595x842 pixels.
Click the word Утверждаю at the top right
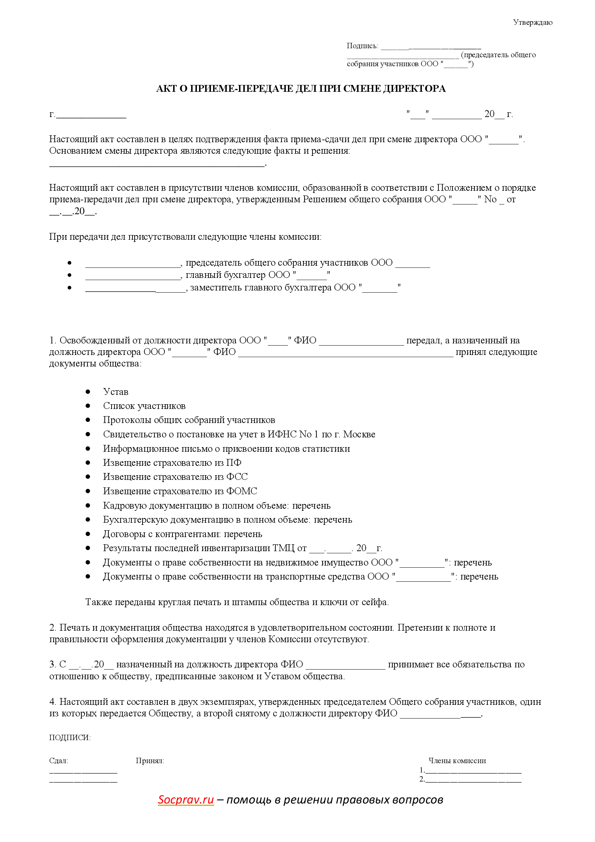pyautogui.click(x=532, y=23)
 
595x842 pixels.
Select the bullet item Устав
pyautogui.click(x=116, y=392)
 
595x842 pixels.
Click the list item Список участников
pyautogui.click(x=144, y=406)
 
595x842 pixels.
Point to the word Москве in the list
pyautogui.click(x=359, y=434)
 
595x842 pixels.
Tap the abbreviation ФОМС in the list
pyautogui.click(x=242, y=491)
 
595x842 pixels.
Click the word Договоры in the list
pyautogui.click(x=123, y=534)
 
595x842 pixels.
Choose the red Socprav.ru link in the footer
pyautogui.click(x=185, y=800)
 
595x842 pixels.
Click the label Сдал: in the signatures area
pyautogui.click(x=59, y=761)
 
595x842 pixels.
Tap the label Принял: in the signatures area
pyautogui.click(x=150, y=761)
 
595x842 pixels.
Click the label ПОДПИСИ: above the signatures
pyautogui.click(x=70, y=738)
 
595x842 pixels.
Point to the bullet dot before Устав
pyautogui.click(x=88, y=392)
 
